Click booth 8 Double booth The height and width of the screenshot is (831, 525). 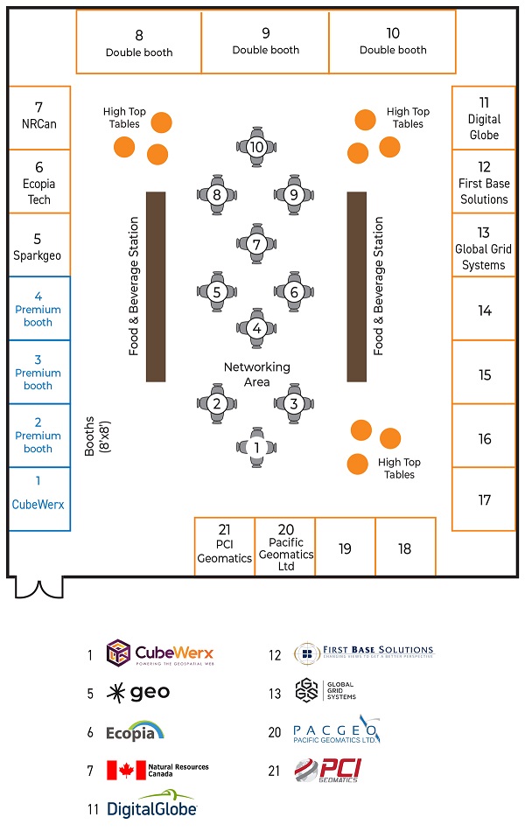(x=139, y=42)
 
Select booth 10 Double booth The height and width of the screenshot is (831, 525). (x=393, y=41)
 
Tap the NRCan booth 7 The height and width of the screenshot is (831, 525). (x=38, y=116)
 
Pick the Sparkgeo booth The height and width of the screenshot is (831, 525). (x=38, y=245)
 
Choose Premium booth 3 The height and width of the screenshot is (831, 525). (x=38, y=372)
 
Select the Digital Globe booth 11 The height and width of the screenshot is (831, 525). (x=484, y=118)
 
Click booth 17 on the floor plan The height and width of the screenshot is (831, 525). (x=484, y=499)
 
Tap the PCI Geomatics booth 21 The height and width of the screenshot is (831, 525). (x=224, y=545)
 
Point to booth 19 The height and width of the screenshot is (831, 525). (x=345, y=548)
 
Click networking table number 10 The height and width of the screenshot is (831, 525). (x=256, y=147)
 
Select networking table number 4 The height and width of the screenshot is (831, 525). (x=256, y=329)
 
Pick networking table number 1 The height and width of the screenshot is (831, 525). (x=256, y=447)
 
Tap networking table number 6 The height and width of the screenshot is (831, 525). (x=294, y=291)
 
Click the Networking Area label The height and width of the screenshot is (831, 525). (x=256, y=374)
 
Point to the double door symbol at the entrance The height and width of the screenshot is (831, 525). (x=38, y=588)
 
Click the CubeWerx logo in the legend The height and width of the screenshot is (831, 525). (x=160, y=653)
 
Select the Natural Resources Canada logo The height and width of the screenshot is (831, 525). (x=157, y=771)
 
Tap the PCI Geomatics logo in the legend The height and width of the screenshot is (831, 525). (x=326, y=771)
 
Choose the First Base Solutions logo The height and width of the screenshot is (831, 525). (x=363, y=653)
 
